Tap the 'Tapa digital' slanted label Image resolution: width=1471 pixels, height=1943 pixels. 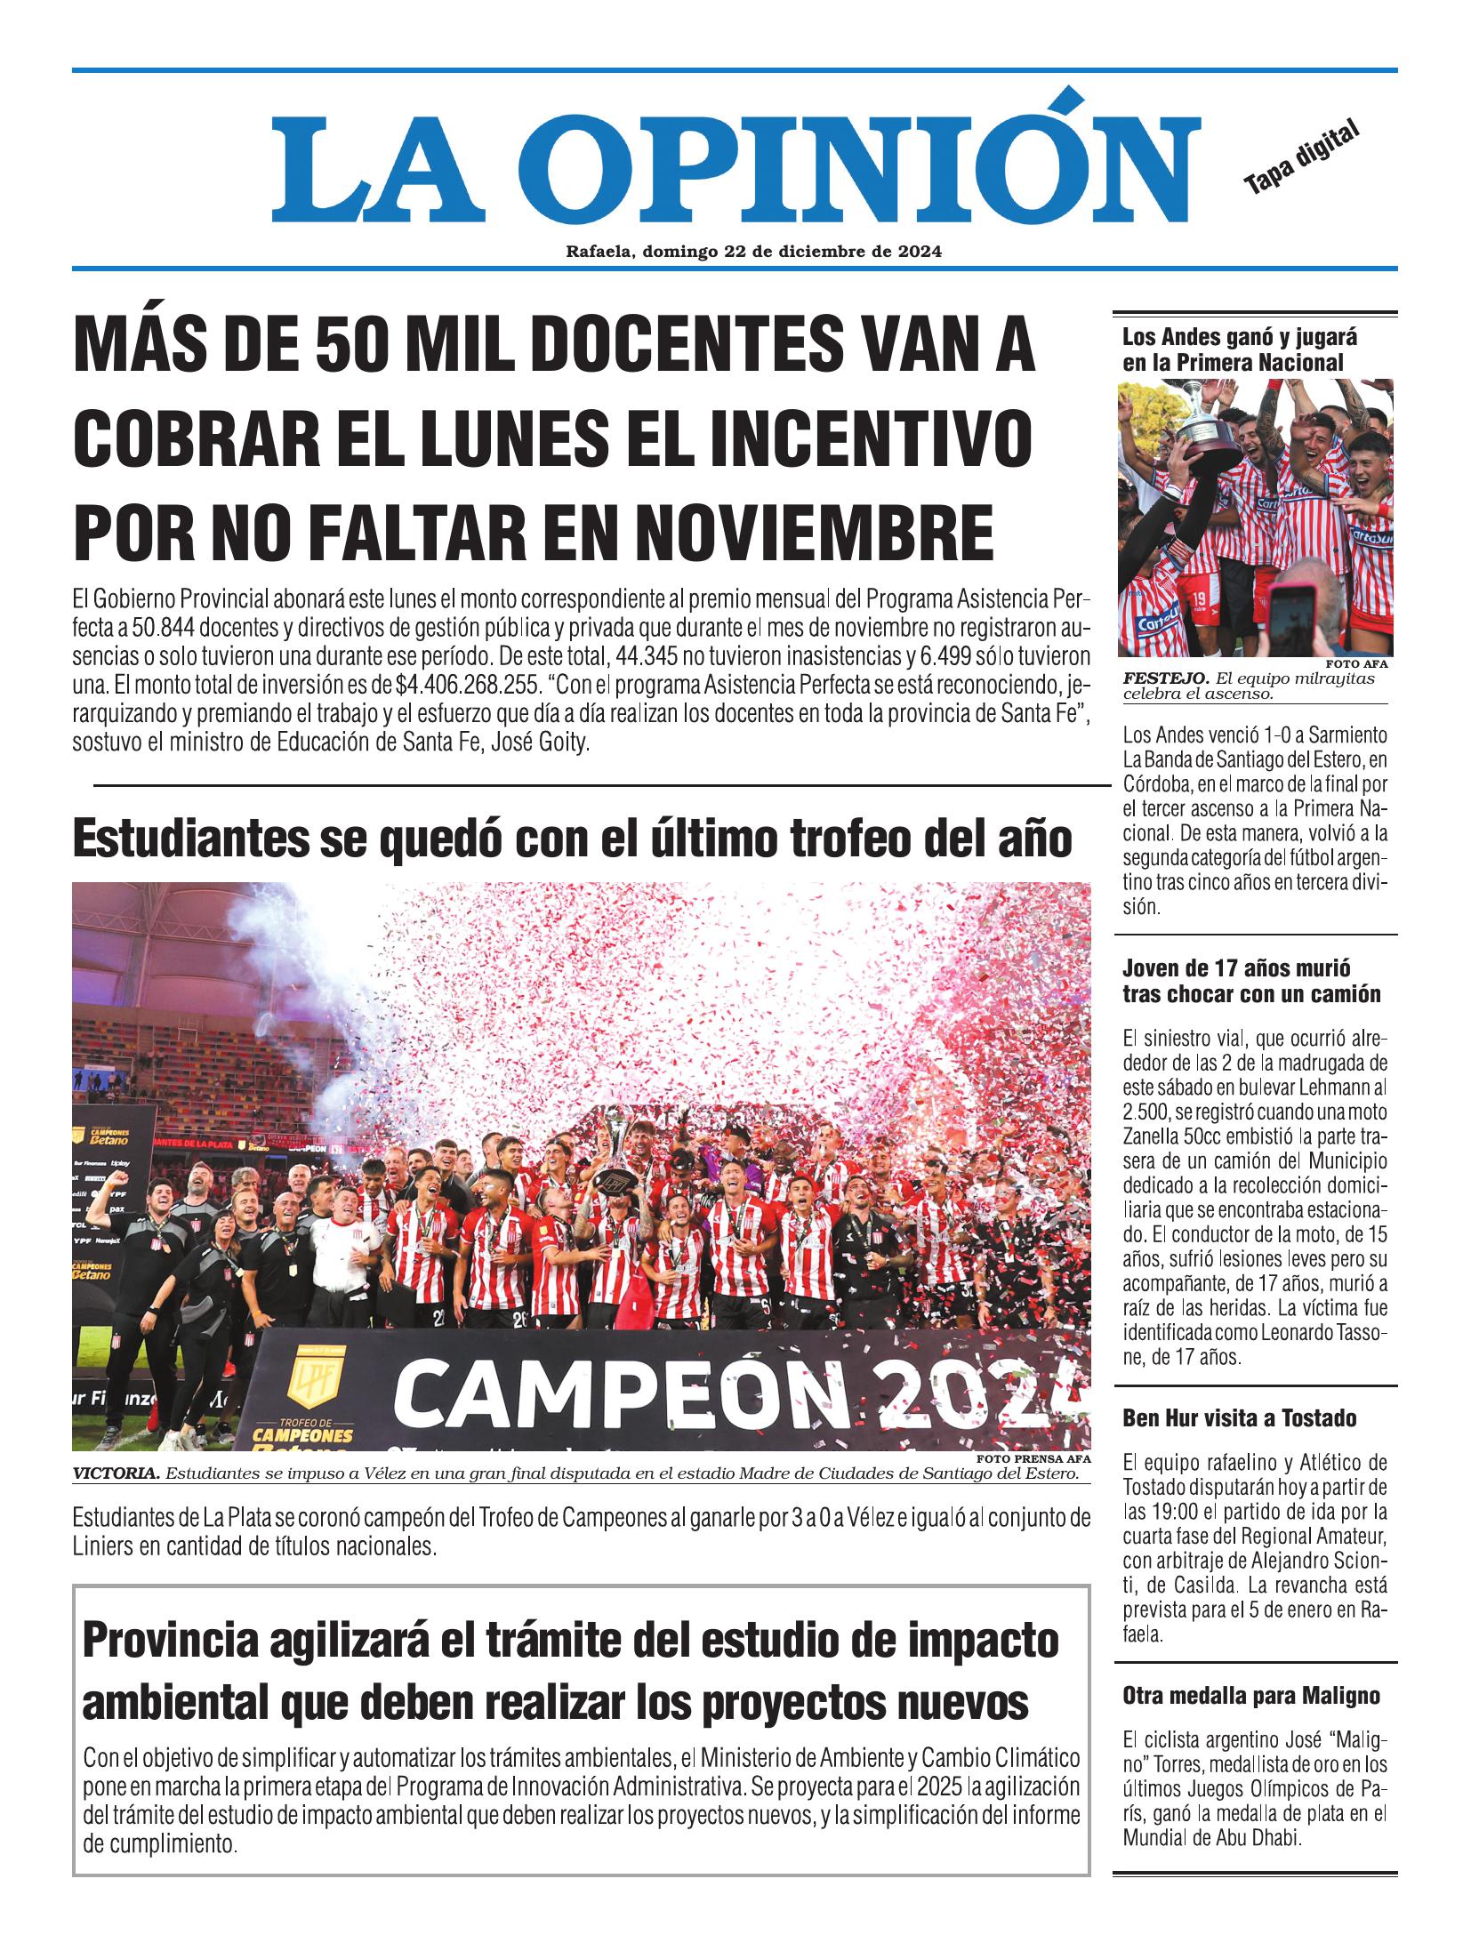1302,159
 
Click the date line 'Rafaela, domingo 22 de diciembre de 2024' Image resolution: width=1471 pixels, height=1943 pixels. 753,252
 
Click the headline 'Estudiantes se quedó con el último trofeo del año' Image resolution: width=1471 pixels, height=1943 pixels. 572,839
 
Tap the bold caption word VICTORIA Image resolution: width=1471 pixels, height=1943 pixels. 117,1474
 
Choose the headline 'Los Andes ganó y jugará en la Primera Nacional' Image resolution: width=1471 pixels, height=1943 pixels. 1232,349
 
